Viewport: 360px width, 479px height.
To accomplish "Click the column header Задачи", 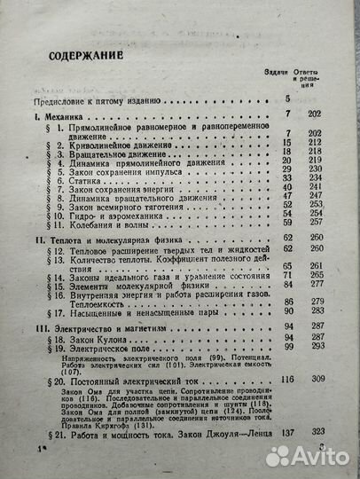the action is tap(278, 74).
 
